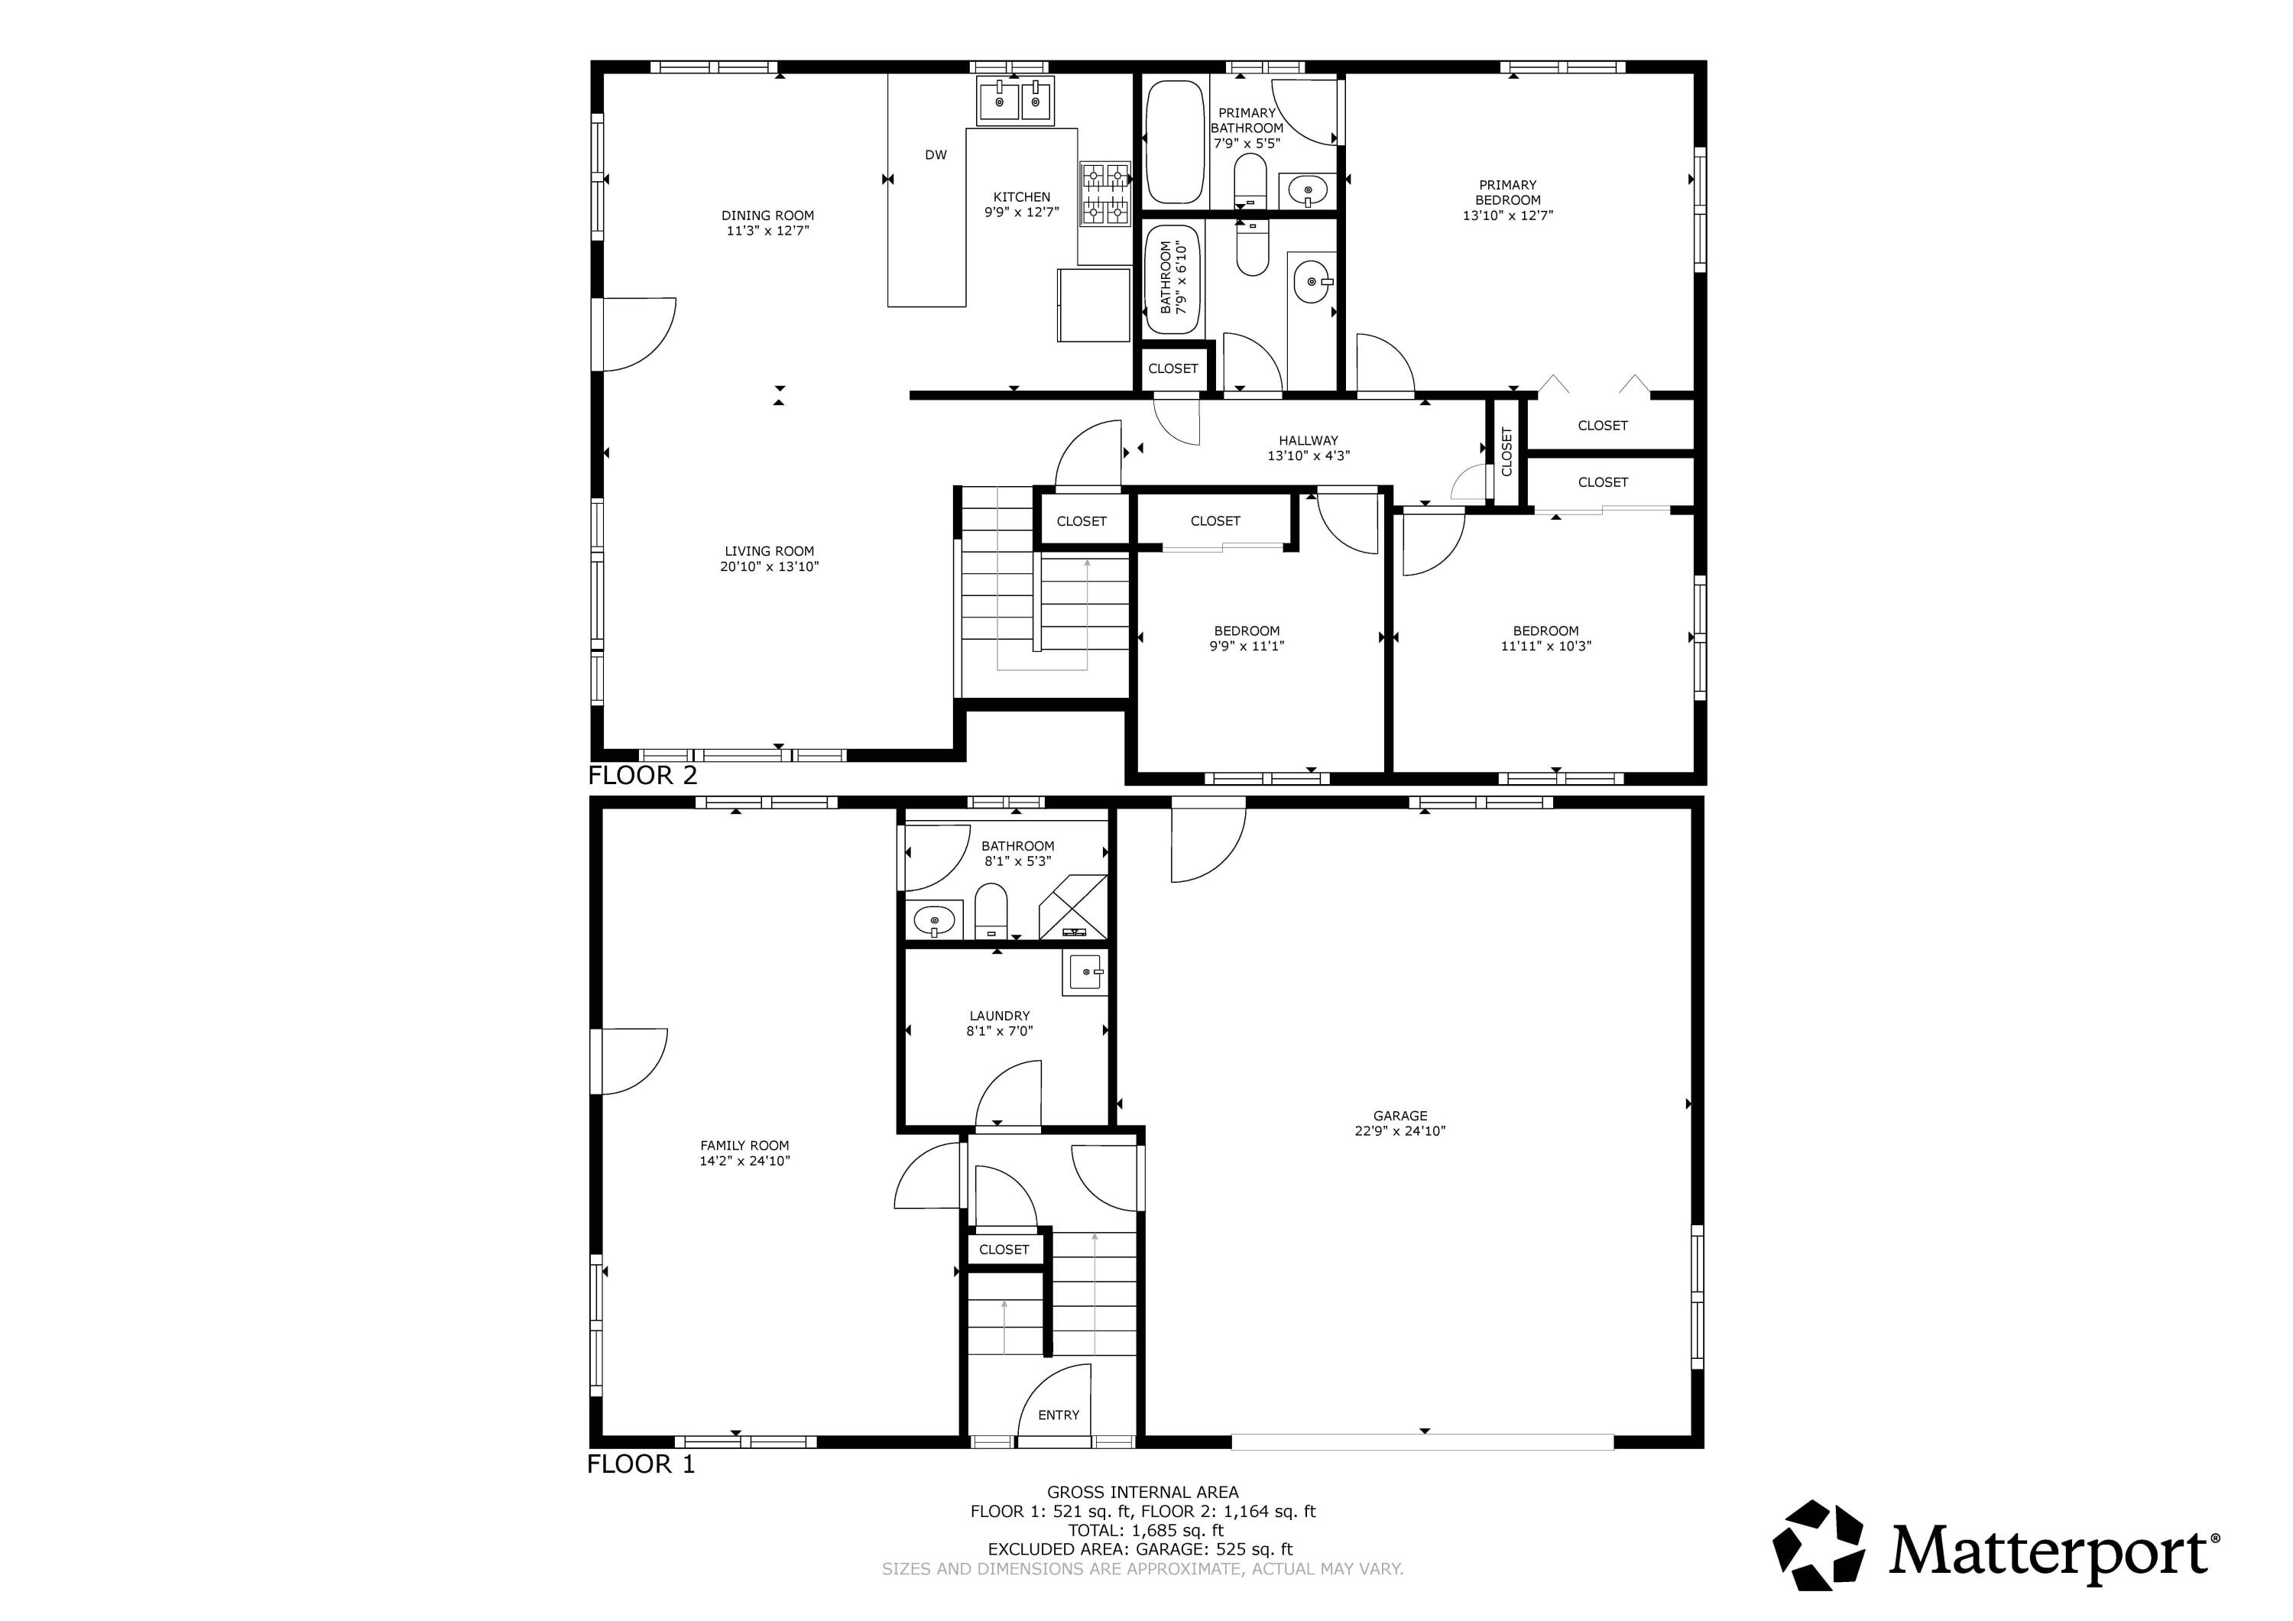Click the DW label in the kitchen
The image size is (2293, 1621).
tap(935, 155)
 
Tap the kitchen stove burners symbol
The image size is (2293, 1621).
tap(1104, 194)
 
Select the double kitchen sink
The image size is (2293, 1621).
tap(1016, 102)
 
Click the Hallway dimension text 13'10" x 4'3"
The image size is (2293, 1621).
tap(1309, 456)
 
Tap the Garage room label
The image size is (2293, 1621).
tap(1399, 1116)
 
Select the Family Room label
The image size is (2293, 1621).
tap(744, 1146)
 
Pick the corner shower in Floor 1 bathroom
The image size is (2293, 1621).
tap(1074, 907)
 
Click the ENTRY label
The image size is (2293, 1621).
tap(1058, 1415)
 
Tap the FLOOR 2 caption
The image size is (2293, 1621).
tap(642, 776)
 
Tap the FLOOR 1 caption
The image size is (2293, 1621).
tap(641, 1465)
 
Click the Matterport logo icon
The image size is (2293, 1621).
tap(1818, 1545)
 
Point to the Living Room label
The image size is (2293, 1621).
tap(769, 551)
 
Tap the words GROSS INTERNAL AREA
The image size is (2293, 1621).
tap(1143, 1492)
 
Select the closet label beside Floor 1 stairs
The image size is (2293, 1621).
tap(1004, 1250)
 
